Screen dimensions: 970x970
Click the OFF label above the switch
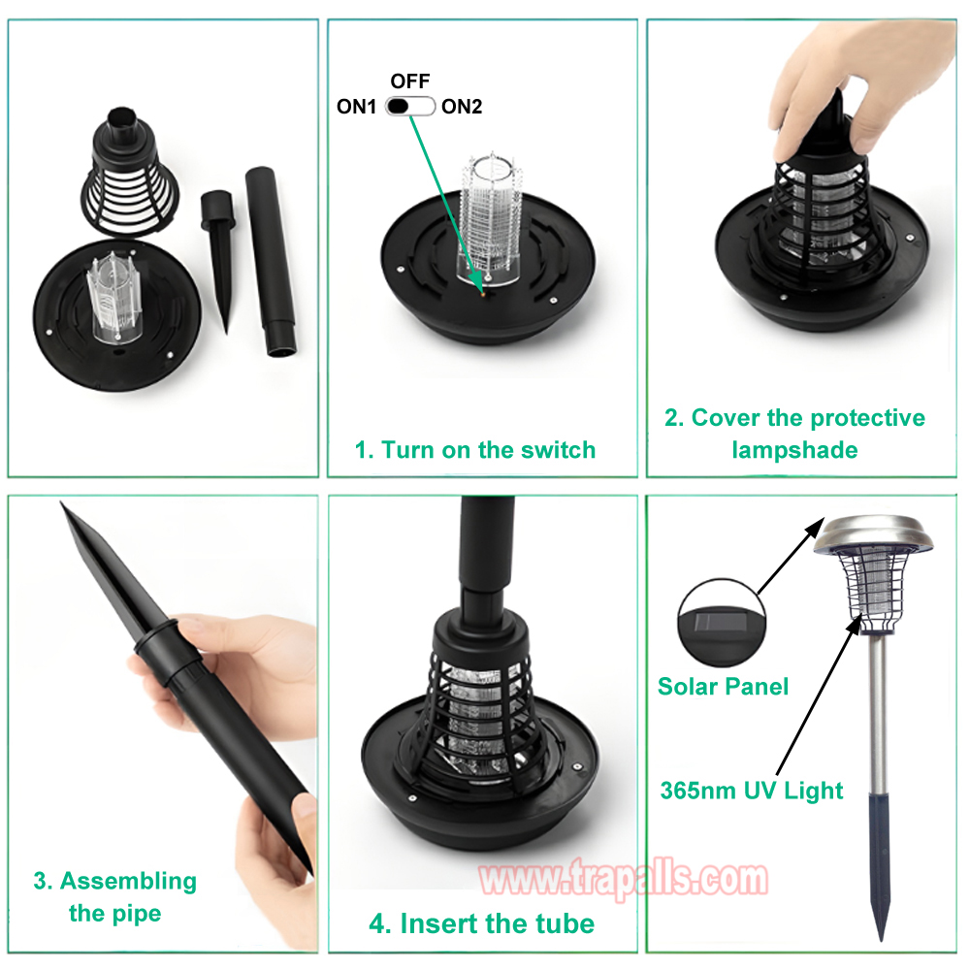click(409, 81)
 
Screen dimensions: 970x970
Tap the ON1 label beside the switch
click(356, 107)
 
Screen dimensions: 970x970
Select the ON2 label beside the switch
click(462, 107)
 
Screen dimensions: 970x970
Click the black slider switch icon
click(410, 107)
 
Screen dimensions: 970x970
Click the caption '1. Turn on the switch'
click(475, 450)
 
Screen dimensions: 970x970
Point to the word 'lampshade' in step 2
click(794, 450)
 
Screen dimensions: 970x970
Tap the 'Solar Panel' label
click(723, 686)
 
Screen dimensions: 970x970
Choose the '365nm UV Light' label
click(751, 791)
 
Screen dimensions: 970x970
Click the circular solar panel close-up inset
click(722, 623)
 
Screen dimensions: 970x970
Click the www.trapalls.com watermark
click(624, 879)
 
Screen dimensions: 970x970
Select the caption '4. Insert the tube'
click(481, 923)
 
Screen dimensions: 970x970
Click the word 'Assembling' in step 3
click(128, 882)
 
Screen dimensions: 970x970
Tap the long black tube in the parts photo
click(270, 260)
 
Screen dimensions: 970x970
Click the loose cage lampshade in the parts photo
click(130, 172)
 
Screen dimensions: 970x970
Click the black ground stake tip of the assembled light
click(880, 866)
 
